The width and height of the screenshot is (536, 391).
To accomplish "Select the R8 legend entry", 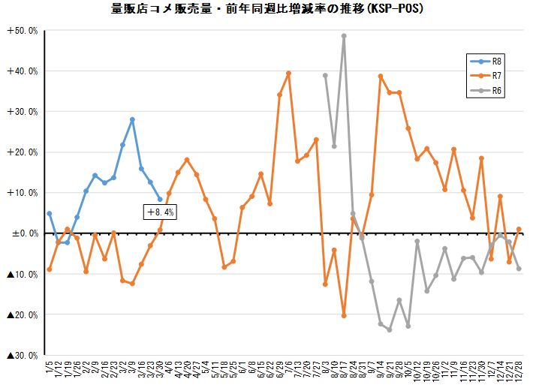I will coord(496,60).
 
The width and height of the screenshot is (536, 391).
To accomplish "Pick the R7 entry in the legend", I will coord(496,75).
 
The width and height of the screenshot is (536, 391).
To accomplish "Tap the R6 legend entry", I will coord(496,90).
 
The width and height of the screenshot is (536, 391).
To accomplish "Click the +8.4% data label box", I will coord(159,212).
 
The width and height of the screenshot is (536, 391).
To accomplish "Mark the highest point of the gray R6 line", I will coord(344,36).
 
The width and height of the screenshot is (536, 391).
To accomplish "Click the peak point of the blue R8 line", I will coord(132,119).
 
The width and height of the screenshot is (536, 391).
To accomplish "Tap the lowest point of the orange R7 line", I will coord(344,316).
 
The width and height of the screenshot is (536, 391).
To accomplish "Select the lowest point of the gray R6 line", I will coord(390,329).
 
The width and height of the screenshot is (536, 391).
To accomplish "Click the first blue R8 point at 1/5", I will coord(50,213).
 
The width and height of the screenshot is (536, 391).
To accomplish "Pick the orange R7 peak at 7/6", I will coord(289,74).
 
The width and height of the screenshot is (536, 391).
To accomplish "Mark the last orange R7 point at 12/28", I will coord(519,229).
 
